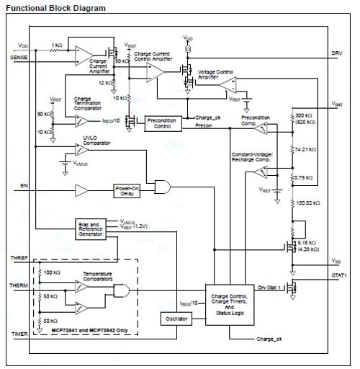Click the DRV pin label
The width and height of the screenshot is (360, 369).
click(337, 54)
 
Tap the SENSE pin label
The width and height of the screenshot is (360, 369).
click(19, 57)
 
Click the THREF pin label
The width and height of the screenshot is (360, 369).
click(19, 257)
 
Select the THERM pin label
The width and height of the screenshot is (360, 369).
click(19, 285)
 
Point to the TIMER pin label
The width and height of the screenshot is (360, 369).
click(19, 334)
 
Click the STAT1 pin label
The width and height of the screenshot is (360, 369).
click(339, 275)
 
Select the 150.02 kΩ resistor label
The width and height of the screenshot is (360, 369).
click(308, 204)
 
